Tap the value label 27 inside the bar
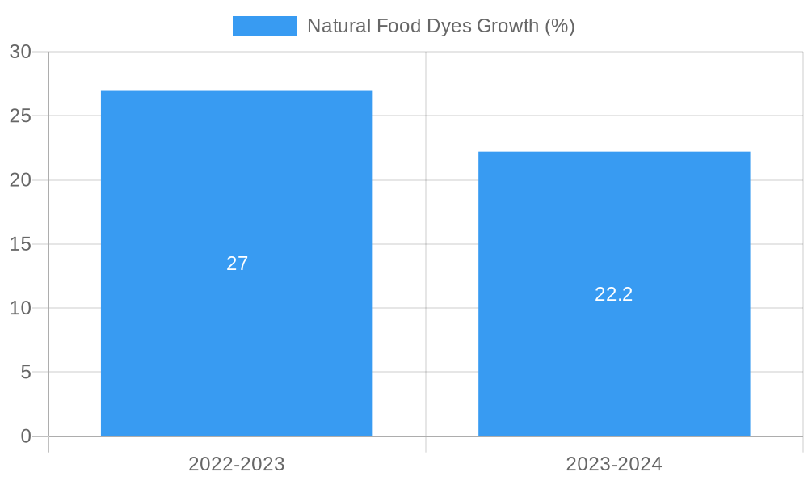coord(237,264)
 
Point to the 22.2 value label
coord(614,294)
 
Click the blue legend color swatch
coord(264,26)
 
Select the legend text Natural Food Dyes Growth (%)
coord(440,26)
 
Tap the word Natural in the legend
coord(339,26)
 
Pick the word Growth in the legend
coord(508,26)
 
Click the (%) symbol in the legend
coord(560,26)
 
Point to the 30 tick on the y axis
coord(20,52)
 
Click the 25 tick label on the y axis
coord(20,116)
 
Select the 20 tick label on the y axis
coord(20,180)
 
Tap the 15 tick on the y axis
coord(20,244)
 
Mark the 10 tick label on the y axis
coord(20,308)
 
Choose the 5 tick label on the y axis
coord(26,372)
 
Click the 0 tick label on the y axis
coord(26,436)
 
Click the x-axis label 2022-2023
coord(237,464)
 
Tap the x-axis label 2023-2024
coord(614,464)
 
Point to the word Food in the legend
coord(397,26)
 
